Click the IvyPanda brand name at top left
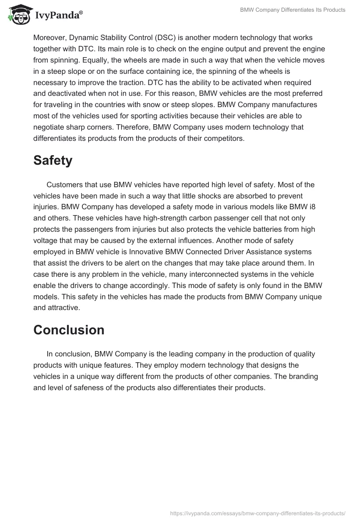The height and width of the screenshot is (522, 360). [58, 16]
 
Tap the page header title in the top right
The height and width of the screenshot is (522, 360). [293, 10]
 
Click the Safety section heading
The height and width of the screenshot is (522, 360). [53, 161]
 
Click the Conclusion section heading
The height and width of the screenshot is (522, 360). [68, 330]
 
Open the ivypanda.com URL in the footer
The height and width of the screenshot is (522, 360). [258, 513]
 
